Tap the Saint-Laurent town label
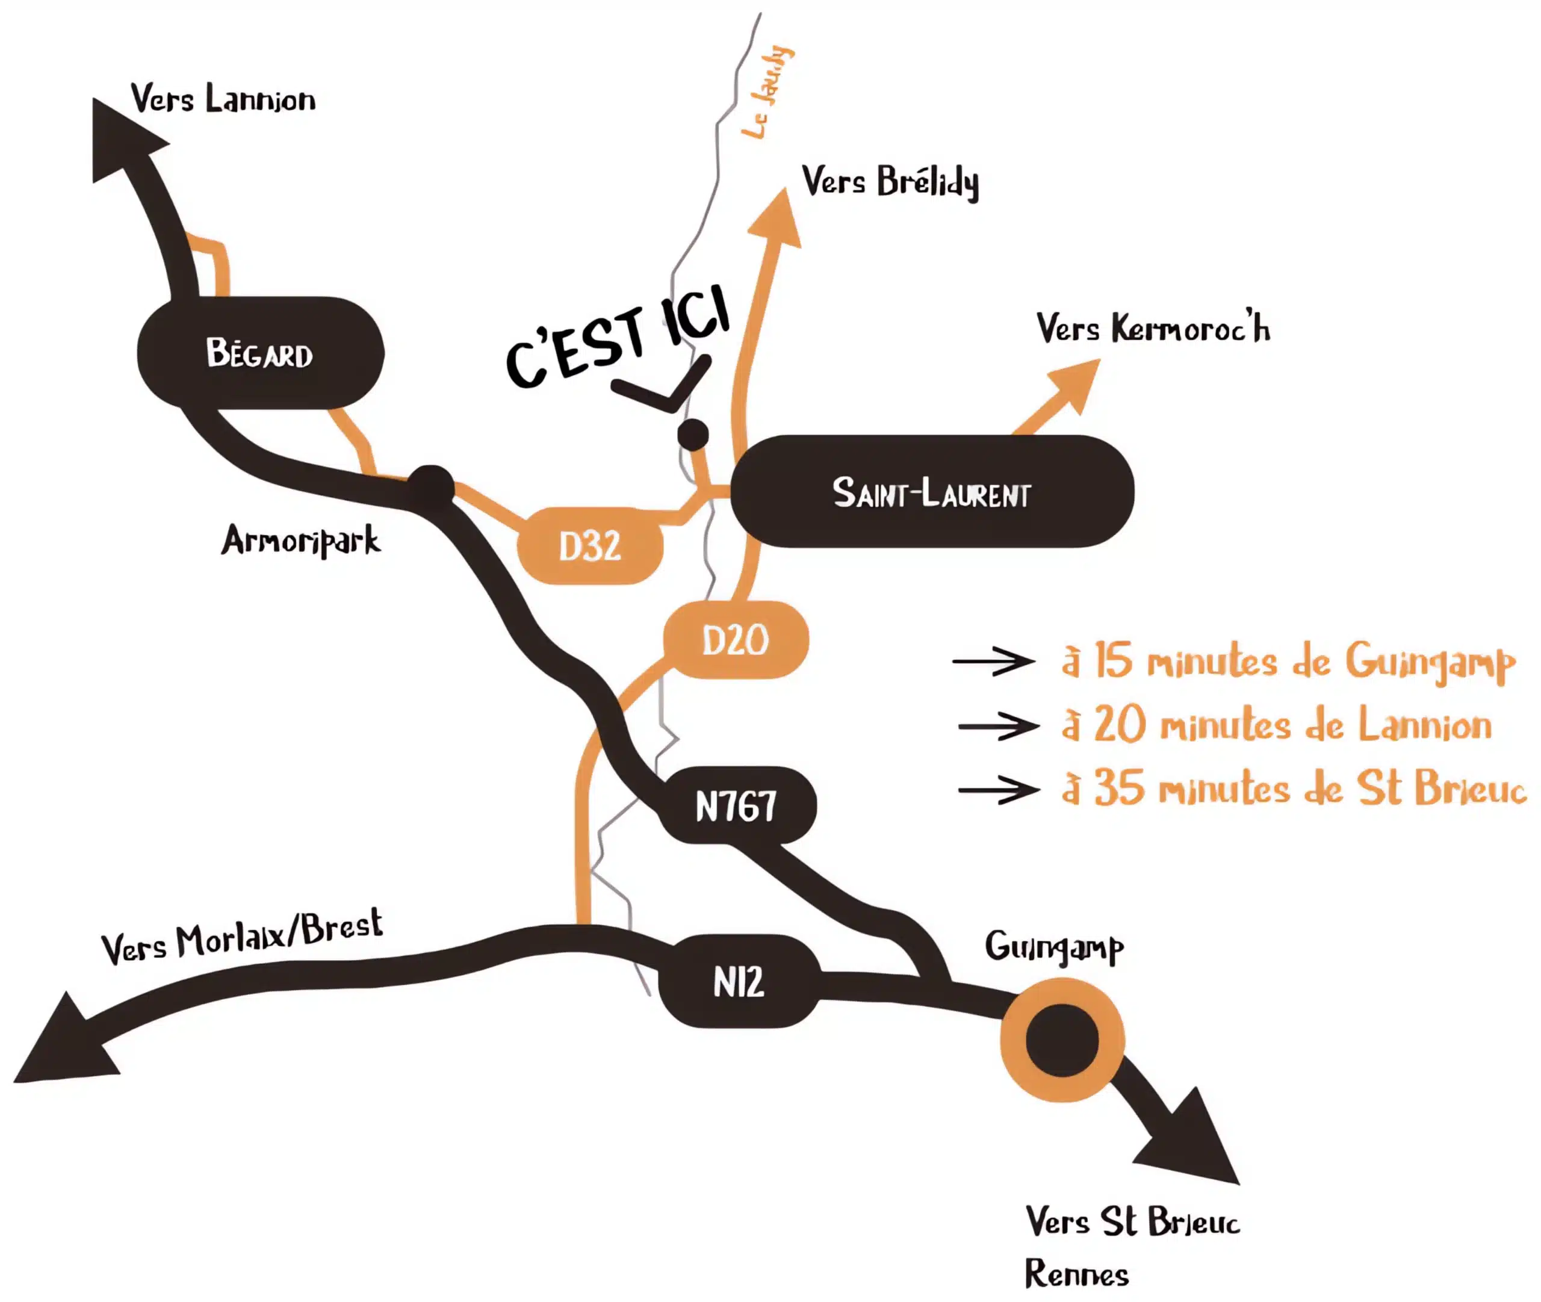931,492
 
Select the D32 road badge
590,546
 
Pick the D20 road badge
735,640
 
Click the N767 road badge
737,805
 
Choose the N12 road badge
739,981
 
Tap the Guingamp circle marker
1062,1041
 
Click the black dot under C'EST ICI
693,435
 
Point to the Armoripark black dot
431,486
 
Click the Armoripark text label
301,541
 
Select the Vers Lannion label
223,99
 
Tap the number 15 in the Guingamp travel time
1112,660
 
